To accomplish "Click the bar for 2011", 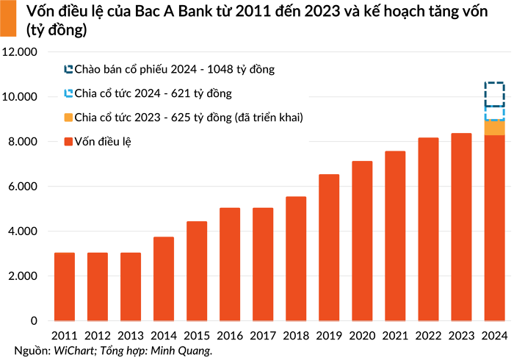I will point(64,287).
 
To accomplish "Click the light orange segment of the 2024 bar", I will point(494,128).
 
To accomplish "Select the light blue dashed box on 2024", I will point(494,113).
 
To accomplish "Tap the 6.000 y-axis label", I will point(22,187).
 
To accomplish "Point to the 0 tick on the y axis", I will point(33,321).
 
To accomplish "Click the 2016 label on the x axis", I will point(229,336).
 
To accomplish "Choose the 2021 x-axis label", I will point(395,336).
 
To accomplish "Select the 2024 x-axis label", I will point(494,336).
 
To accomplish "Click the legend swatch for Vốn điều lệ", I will point(68,141).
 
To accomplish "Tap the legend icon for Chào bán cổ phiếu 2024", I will point(68,70).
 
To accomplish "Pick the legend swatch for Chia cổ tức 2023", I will point(68,118).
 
